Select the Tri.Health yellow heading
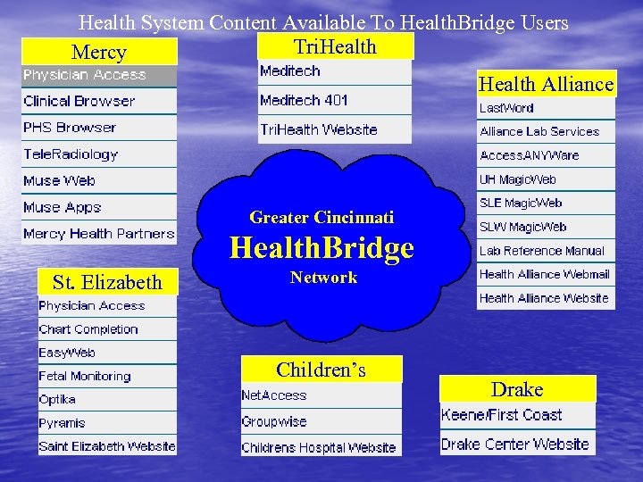tap(335, 46)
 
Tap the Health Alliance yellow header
tap(546, 84)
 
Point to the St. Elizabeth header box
tap(107, 282)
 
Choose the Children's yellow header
tap(321, 370)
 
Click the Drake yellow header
tap(517, 389)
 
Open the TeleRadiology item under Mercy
tap(71, 154)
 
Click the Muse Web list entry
tap(59, 181)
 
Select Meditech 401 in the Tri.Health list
tap(304, 100)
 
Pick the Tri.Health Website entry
tap(318, 129)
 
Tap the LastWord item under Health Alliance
tap(506, 108)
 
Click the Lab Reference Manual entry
tap(541, 251)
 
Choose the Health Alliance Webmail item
tap(544, 274)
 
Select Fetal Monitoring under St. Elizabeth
tap(84, 376)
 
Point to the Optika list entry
tap(57, 399)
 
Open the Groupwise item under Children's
tap(273, 421)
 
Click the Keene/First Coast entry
tap(501, 415)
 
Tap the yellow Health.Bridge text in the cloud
tap(321, 247)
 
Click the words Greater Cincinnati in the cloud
tap(321, 217)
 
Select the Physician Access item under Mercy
tap(84, 75)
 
